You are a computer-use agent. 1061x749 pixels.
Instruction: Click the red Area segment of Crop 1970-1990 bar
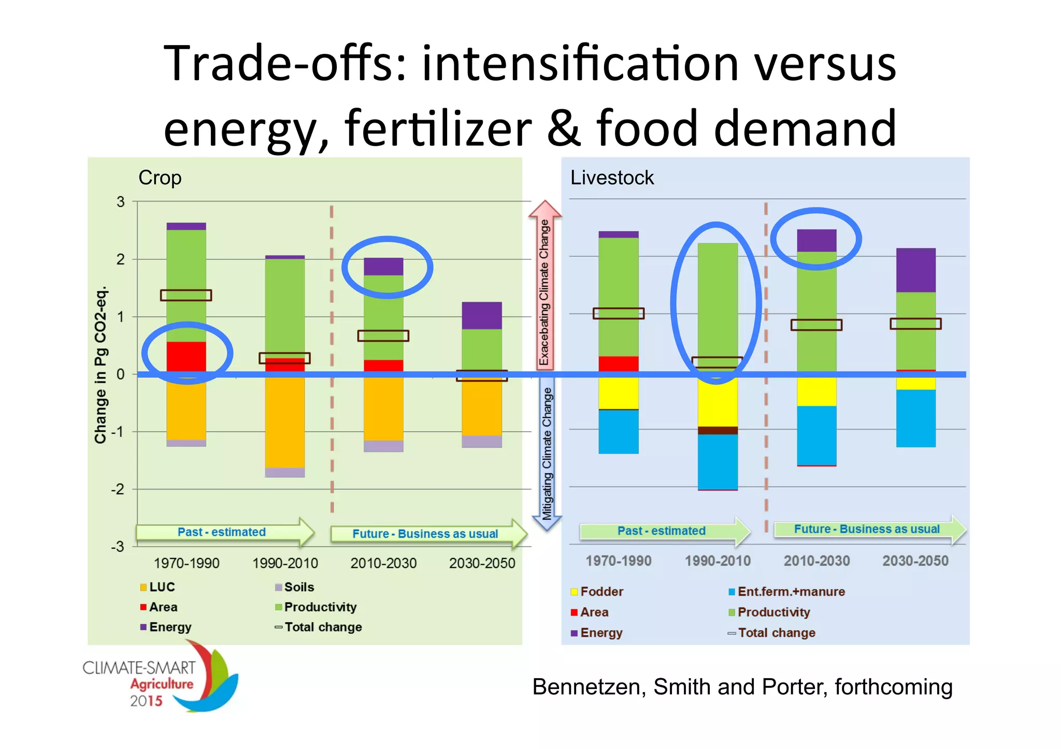coord(186,356)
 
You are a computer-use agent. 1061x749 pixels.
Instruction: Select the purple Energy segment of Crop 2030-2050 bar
coord(482,315)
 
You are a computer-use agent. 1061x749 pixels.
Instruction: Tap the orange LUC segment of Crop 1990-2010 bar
coord(284,422)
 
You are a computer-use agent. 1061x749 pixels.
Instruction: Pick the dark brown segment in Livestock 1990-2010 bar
coord(718,430)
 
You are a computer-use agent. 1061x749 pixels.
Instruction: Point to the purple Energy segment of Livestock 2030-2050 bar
coord(915,270)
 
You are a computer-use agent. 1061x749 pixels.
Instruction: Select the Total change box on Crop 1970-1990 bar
coord(186,295)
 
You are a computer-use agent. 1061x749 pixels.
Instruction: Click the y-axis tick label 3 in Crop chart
coord(121,202)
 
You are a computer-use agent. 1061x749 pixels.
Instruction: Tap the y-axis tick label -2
coord(118,489)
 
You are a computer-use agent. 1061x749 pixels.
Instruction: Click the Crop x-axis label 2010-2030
coord(383,563)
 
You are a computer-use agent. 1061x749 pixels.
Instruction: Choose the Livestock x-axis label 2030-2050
coord(915,561)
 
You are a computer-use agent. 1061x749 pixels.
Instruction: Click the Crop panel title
coord(160,178)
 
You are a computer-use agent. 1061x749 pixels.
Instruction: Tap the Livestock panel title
coord(612,178)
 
